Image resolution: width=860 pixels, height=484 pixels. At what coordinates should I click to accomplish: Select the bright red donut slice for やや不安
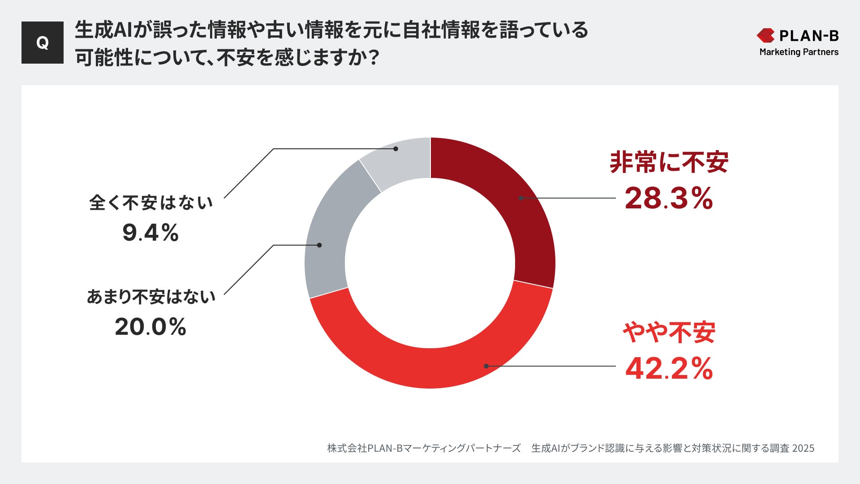430,367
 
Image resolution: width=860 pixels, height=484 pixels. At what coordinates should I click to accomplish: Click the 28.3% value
668,198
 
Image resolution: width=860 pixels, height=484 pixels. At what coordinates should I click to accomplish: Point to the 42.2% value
668,368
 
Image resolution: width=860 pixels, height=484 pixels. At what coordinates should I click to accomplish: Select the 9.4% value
150,233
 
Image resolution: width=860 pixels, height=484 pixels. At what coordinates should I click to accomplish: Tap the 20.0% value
150,327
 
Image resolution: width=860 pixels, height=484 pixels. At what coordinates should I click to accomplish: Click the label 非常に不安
668,162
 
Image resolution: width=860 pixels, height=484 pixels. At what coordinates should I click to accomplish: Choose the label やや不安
668,333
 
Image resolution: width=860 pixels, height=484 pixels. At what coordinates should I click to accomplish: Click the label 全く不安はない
150,203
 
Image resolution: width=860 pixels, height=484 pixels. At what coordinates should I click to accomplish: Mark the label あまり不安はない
150,297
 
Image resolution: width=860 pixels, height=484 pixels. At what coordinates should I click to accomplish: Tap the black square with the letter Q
43,43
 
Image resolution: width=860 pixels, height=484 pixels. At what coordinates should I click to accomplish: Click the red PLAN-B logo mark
765,35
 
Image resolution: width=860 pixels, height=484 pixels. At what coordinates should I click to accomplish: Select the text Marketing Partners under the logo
799,52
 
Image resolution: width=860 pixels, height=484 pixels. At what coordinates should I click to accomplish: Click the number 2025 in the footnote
803,448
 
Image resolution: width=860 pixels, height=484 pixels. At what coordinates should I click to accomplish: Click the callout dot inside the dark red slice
521,198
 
